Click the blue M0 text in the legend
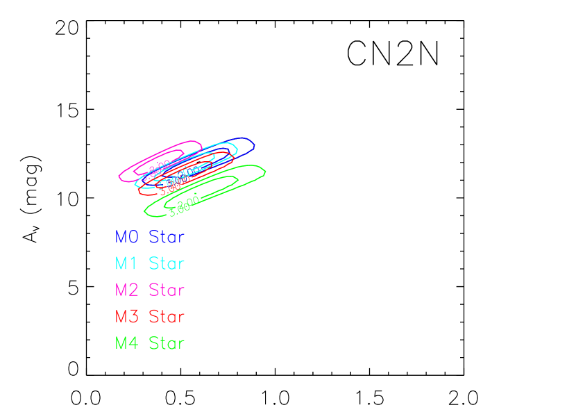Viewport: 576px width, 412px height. click(127, 237)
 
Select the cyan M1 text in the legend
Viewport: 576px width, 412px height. click(126, 263)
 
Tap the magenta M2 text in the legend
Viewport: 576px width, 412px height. click(127, 290)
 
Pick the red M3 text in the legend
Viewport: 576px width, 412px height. click(127, 316)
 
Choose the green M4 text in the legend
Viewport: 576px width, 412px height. click(127, 343)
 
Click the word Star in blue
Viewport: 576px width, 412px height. click(167, 237)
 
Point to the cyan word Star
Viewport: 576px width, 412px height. click(167, 263)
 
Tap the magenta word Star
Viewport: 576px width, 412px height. click(167, 290)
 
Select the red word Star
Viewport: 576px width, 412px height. click(167, 316)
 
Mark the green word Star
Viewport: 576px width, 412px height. click(167, 343)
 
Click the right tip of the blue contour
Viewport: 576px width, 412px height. click(255, 146)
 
